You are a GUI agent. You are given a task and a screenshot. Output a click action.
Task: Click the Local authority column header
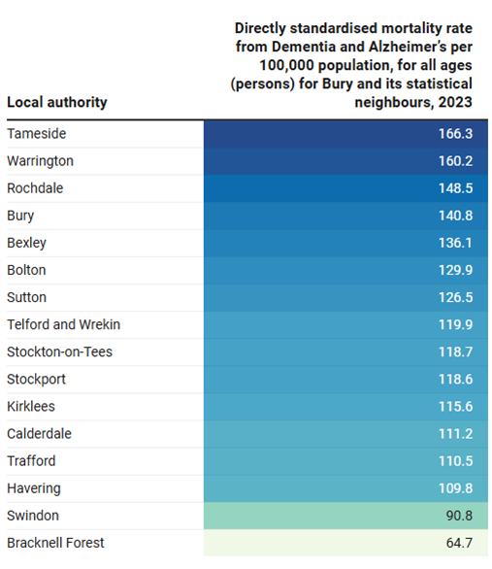pos(57,103)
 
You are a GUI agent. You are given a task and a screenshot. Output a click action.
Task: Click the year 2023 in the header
pos(455,102)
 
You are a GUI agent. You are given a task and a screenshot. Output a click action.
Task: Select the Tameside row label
pos(37,134)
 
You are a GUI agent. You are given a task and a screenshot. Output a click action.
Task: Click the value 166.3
pos(455,134)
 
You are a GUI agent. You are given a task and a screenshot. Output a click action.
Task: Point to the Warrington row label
pos(40,161)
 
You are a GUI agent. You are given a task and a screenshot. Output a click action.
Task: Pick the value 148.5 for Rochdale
pos(455,188)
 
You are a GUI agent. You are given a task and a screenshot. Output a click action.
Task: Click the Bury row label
pos(20,216)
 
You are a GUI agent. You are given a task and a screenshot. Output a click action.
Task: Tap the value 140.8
pos(455,216)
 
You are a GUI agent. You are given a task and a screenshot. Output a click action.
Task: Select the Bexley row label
pos(26,243)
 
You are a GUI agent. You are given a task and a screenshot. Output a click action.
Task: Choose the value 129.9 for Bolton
pos(455,270)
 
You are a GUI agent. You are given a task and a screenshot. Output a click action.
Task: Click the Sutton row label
pos(26,297)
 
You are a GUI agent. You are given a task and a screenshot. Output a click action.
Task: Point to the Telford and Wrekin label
pos(63,324)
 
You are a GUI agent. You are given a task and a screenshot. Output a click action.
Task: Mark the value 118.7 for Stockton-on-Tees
pos(455,352)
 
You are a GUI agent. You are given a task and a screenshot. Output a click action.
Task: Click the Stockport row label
pos(36,380)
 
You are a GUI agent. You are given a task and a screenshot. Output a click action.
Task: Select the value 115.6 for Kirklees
pos(455,407)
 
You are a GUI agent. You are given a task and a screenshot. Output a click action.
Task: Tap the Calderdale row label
pos(39,434)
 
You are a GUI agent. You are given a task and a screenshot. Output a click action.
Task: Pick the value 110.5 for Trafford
pos(455,461)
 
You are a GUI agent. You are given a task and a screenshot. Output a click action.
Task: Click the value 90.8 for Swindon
pos(459,516)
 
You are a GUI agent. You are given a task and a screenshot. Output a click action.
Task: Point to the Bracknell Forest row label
pos(55,543)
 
